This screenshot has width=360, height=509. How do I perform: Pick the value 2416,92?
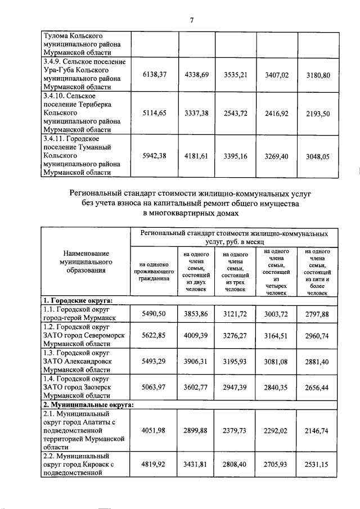pos(277,114)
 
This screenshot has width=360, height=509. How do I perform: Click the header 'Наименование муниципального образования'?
pos(86,262)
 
